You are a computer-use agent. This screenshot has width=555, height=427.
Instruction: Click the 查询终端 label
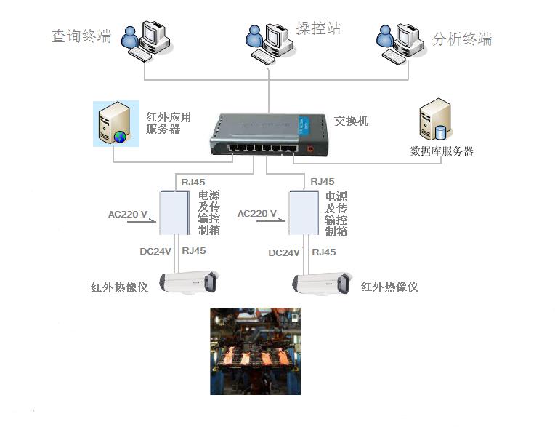click(x=81, y=36)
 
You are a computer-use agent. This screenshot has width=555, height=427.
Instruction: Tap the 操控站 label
click(x=318, y=28)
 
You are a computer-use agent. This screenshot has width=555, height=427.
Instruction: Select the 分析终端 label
click(x=461, y=39)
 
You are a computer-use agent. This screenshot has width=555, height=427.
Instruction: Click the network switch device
click(x=270, y=135)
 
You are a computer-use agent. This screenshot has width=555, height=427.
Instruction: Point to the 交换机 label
click(x=351, y=121)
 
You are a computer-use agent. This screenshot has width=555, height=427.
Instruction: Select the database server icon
click(x=435, y=119)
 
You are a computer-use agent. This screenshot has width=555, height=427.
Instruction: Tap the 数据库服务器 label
click(x=442, y=151)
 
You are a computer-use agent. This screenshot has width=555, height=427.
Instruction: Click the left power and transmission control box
click(x=174, y=212)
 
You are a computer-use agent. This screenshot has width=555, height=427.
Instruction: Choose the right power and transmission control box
click(x=304, y=212)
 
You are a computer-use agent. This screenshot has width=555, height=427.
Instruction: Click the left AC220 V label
click(x=127, y=215)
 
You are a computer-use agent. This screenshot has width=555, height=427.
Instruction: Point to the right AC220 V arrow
click(x=271, y=220)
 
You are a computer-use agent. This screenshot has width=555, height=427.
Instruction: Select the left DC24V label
click(x=155, y=251)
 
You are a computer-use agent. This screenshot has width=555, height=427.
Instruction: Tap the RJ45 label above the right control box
click(x=322, y=181)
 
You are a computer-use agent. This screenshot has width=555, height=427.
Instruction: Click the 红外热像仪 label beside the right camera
click(x=389, y=287)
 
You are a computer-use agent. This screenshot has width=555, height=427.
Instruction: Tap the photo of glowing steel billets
click(x=255, y=351)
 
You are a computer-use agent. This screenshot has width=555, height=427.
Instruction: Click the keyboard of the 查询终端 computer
click(x=140, y=55)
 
